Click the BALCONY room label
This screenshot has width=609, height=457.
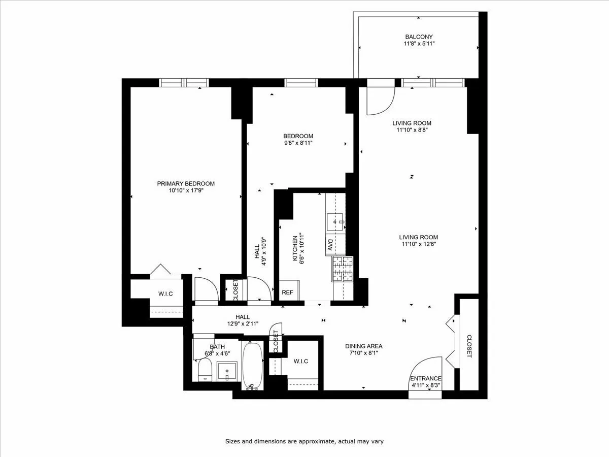point(418,37)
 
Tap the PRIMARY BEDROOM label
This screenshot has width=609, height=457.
point(185,183)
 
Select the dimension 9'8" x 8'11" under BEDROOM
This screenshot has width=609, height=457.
point(298,143)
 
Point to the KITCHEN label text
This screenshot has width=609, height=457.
point(294,250)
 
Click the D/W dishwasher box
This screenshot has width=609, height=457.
point(329,245)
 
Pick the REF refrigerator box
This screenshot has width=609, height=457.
point(288,292)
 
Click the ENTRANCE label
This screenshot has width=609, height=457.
point(426,378)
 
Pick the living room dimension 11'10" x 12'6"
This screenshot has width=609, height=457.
point(418,244)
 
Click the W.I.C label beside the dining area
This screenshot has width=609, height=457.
point(301,361)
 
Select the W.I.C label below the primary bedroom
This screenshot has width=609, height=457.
point(166,293)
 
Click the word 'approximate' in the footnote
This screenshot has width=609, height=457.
point(314,441)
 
